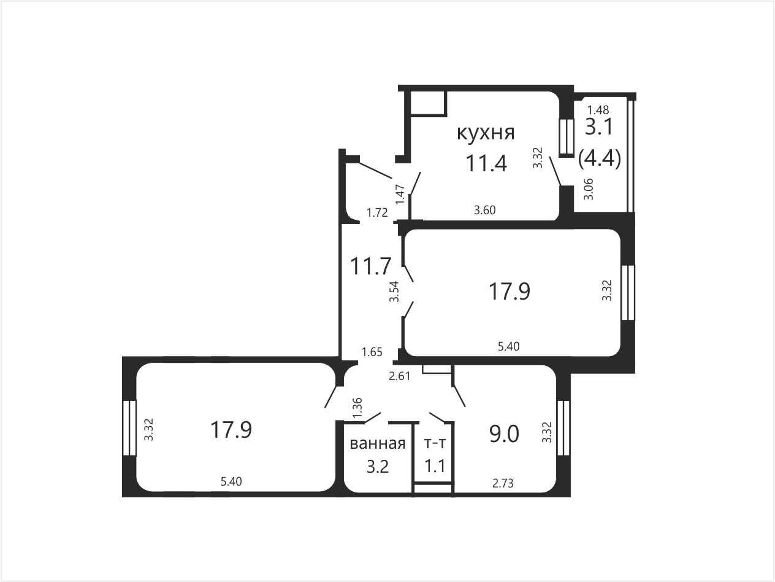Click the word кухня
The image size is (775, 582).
coord(486,133)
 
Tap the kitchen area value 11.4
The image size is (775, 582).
coord(486,163)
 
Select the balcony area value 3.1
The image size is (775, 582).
coord(599,126)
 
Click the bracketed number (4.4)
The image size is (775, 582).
coord(599,158)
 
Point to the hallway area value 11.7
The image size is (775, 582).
coord(370,266)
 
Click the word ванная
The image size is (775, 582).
coord(378,444)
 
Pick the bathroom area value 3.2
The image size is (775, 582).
coord(378,467)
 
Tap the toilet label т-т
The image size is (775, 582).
coord(435,443)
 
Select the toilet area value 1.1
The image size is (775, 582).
coord(435,467)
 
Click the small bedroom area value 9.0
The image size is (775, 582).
coord(504,434)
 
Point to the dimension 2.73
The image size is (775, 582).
coord(503,483)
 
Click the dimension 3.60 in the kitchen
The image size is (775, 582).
coord(485,210)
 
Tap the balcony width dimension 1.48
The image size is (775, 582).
coord(598,110)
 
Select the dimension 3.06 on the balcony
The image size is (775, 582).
coord(589,190)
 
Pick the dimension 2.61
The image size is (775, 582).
coord(399,376)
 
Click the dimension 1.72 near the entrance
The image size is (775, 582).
coord(377,213)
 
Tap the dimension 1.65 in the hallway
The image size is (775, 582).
coord(372,352)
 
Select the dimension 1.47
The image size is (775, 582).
coord(400,195)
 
